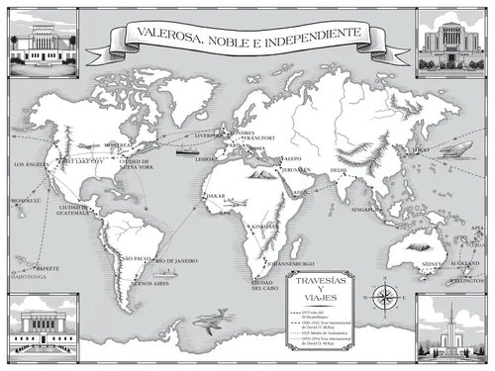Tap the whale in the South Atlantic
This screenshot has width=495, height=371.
click(211, 319)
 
